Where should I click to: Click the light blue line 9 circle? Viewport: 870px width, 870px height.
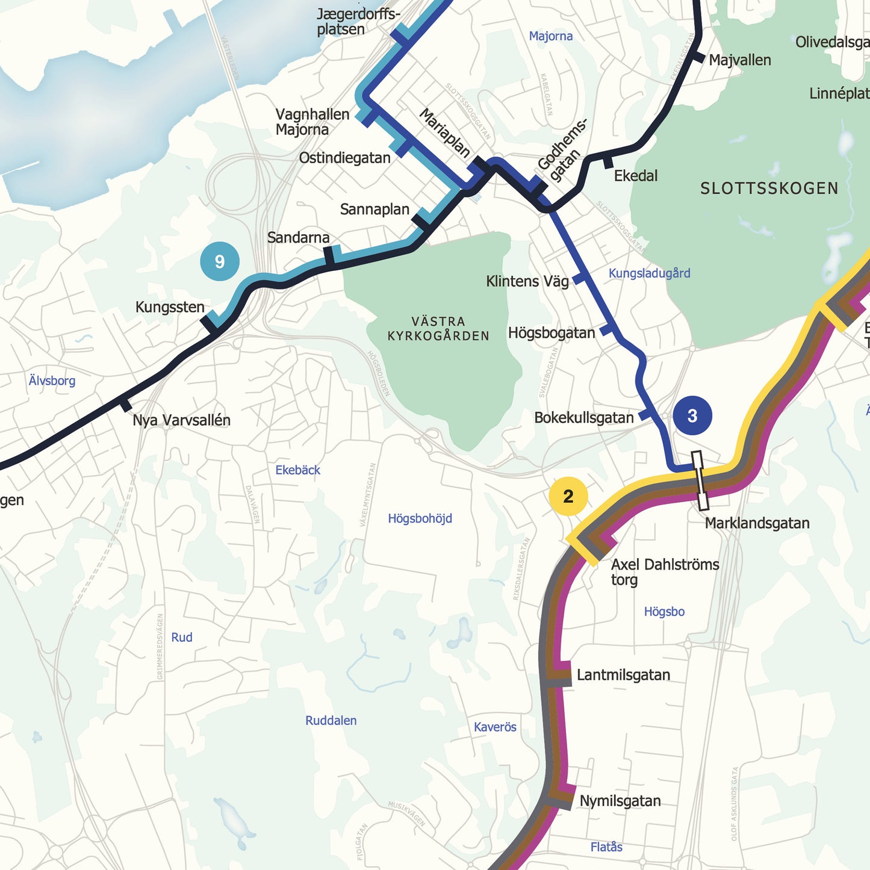(220, 261)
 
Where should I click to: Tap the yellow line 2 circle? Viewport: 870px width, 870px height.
(568, 496)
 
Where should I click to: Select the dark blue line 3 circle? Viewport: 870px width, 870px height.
(692, 415)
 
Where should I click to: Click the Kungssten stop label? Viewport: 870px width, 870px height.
(170, 307)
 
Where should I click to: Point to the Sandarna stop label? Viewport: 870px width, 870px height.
(298, 238)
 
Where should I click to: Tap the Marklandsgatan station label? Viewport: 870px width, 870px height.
(757, 523)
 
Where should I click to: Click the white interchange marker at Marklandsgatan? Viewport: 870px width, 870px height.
(700, 480)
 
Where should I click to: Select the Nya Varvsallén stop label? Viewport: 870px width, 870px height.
(181, 420)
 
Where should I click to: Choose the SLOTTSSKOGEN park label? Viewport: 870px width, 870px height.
(769, 188)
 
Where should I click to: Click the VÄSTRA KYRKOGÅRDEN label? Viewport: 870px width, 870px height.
(438, 329)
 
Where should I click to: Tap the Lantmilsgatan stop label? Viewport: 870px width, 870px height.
(623, 675)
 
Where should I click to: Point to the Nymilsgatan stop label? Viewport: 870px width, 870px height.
(620, 801)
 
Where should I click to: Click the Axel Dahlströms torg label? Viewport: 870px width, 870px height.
(665, 572)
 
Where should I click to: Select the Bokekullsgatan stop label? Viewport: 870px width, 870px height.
(583, 418)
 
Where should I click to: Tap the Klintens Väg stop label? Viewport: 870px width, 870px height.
(527, 281)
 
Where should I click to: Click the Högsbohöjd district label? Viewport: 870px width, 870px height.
(420, 518)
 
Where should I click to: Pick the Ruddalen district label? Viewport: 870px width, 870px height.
(331, 721)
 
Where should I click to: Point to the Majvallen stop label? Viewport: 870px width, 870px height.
(739, 60)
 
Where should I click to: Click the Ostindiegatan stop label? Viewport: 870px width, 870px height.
(344, 158)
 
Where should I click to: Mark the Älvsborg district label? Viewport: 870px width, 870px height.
(52, 381)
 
